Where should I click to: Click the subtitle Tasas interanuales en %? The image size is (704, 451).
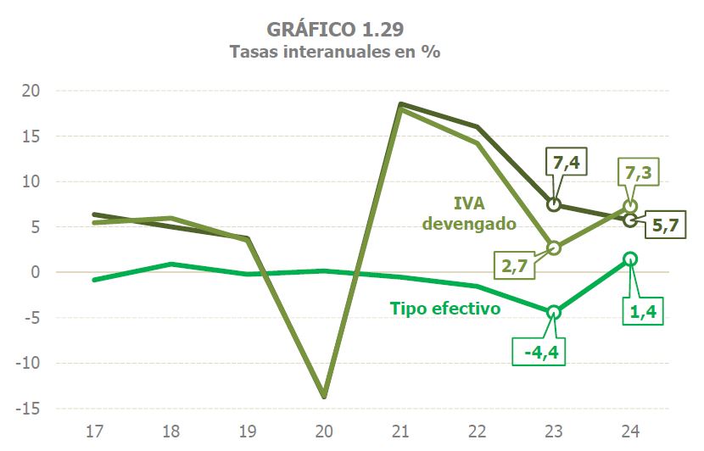335,52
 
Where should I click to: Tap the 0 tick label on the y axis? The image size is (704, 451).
35,273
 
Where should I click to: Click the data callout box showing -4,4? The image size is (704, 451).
539,349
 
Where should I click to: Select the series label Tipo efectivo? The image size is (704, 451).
445,309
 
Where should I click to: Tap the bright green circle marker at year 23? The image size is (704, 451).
554,313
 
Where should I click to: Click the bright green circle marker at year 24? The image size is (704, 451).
629,259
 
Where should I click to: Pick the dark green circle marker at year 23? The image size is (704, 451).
554,204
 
